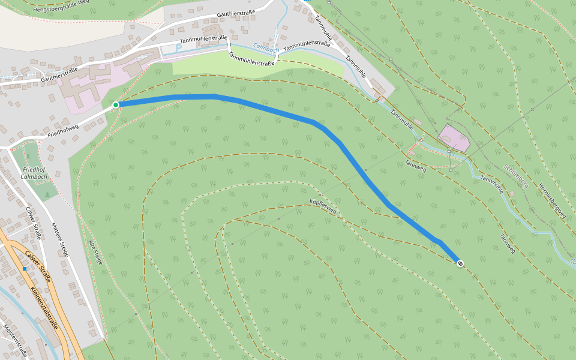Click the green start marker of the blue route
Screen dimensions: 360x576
[x=116, y=105]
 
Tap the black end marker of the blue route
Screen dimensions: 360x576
[x=460, y=263]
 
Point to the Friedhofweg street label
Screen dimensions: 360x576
[x=63, y=130]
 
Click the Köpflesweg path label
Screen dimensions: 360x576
[x=323, y=206]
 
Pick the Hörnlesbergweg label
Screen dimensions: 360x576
[x=553, y=198]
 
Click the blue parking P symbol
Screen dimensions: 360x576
[x=178, y=47]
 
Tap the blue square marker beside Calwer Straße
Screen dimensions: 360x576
[x=25, y=269]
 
